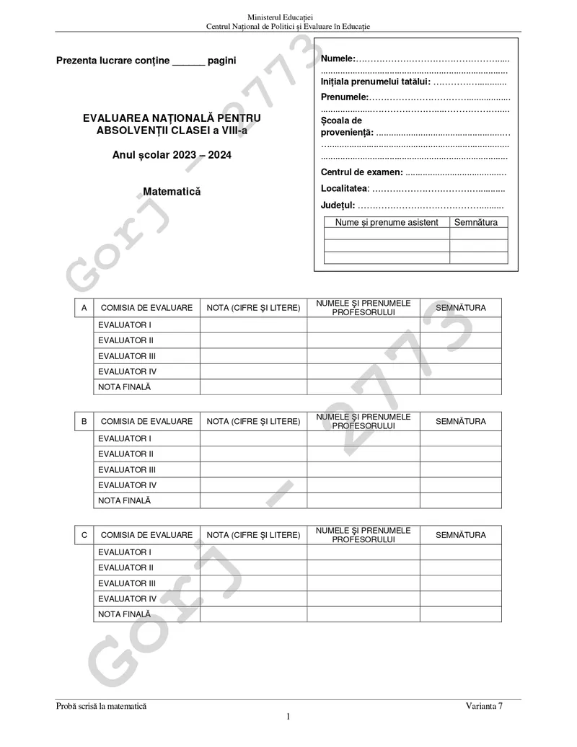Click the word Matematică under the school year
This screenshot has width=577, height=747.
coord(172,192)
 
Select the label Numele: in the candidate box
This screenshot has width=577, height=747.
coord(338,58)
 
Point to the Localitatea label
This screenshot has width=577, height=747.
coord(345,188)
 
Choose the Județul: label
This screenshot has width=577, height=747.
coord(338,205)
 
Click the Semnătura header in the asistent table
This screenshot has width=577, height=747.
coord(476,222)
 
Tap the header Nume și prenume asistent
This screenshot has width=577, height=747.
coord(387,222)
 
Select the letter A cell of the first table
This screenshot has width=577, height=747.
coord(84,308)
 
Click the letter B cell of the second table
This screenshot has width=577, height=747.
coord(84,421)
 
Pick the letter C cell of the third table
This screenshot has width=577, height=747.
coord(84,535)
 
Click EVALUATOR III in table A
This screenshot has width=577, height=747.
coord(127,356)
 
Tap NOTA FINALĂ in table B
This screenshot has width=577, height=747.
coord(125,500)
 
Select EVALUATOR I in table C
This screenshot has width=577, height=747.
coord(125,552)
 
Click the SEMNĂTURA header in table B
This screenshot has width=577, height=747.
coord(461,421)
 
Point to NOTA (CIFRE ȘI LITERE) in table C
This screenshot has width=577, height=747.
coord(253,535)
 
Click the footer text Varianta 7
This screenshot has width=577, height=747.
coord(484,707)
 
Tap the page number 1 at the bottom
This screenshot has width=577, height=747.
coord(288,716)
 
